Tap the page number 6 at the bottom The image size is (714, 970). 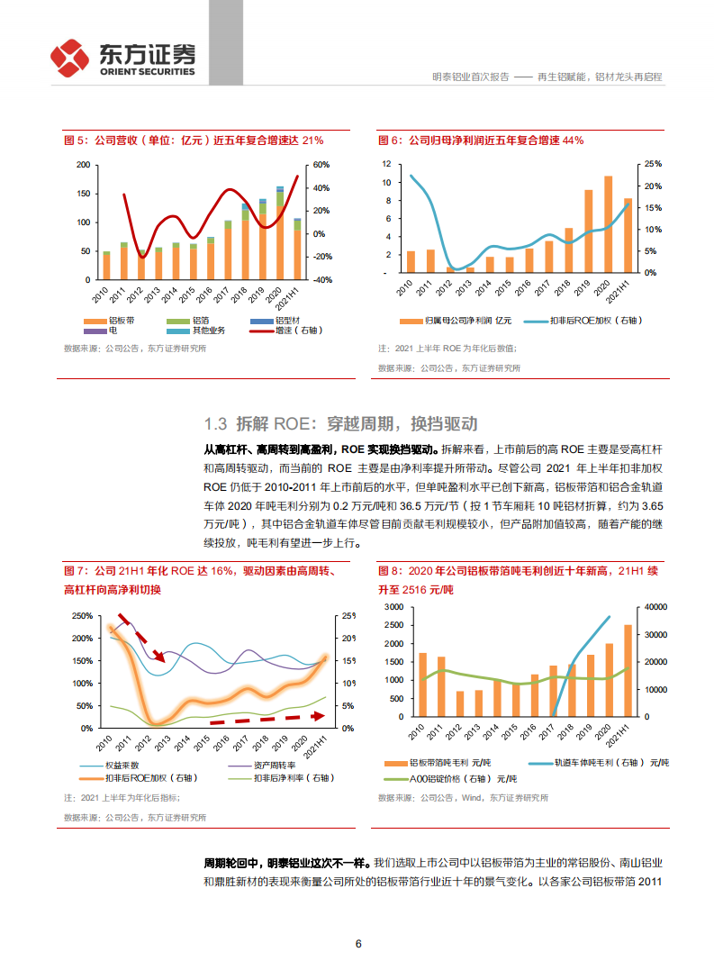click(358, 944)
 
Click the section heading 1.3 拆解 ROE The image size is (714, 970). click(340, 424)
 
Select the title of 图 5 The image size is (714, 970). click(193, 141)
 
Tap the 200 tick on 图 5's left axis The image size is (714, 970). click(84, 165)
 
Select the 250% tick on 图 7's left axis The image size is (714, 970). click(80, 615)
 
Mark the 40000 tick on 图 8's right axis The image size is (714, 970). click(655, 606)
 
